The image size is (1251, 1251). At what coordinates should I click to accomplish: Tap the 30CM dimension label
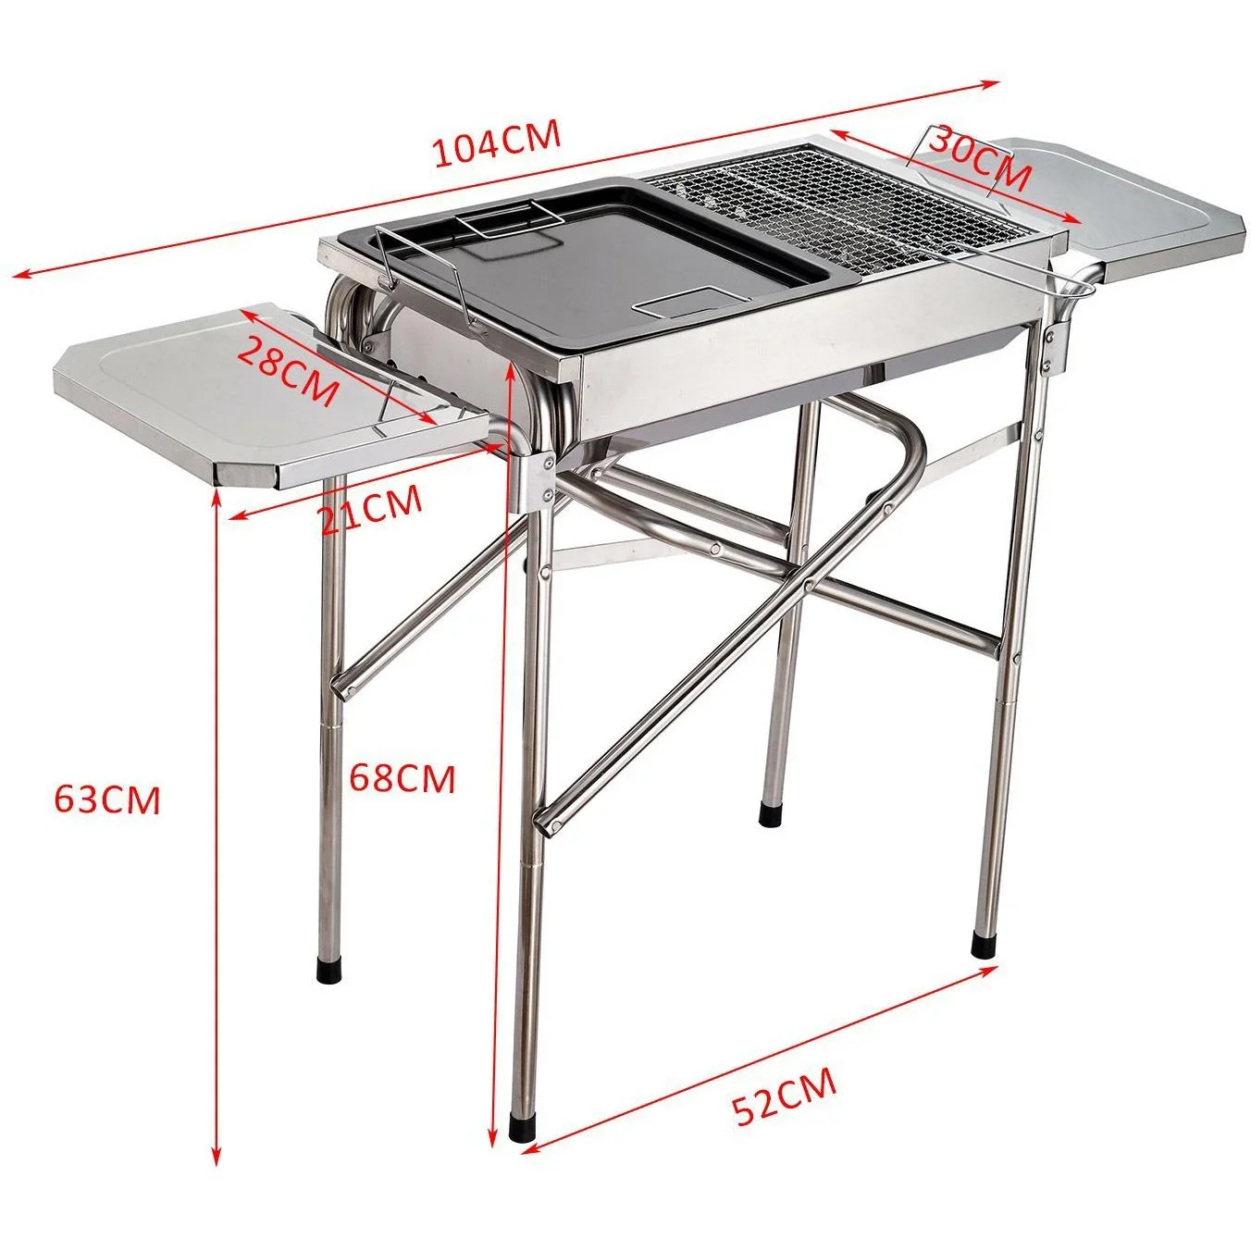coord(979,158)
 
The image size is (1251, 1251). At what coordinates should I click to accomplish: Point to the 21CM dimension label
coord(371,510)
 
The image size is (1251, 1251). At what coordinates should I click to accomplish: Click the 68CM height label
coord(402,778)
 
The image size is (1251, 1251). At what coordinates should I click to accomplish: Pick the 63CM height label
coord(107,799)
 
